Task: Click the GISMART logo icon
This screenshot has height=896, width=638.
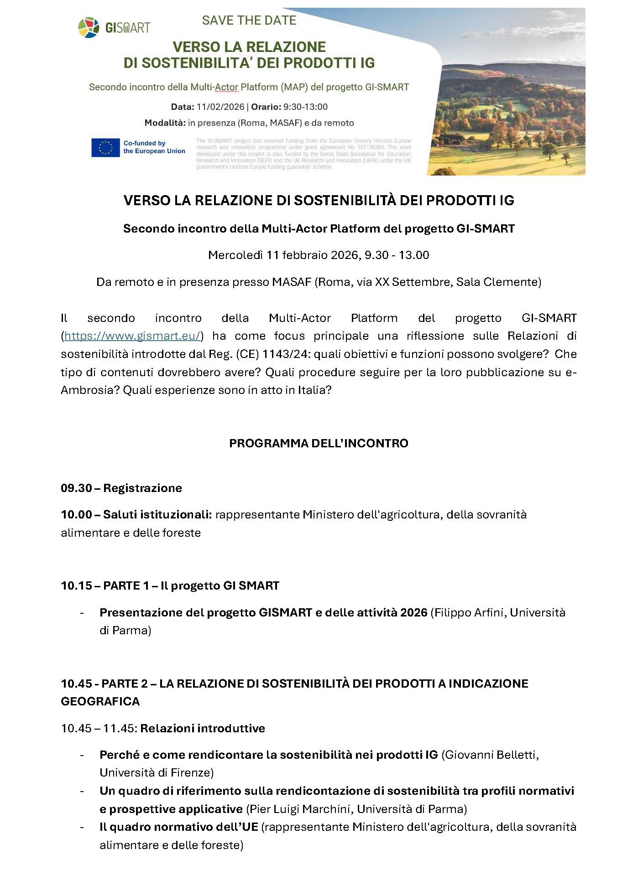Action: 89,28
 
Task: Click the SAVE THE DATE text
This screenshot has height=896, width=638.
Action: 249,21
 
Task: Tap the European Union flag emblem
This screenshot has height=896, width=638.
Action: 105,147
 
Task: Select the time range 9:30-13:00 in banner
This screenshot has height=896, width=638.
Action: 305,107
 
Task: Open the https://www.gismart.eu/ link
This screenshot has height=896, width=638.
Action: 132,336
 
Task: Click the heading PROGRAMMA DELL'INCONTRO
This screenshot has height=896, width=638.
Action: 319,443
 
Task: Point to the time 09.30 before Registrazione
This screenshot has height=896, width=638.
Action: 76,488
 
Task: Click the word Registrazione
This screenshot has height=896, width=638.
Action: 142,488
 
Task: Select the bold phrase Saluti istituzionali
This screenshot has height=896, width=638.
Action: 157,515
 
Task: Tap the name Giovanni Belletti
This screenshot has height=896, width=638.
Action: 490,755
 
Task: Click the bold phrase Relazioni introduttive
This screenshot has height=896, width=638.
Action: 203,728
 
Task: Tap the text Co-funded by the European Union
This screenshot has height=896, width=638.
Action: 154,147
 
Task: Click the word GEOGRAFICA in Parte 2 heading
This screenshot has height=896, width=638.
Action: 100,701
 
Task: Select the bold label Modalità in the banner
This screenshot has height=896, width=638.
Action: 165,123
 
